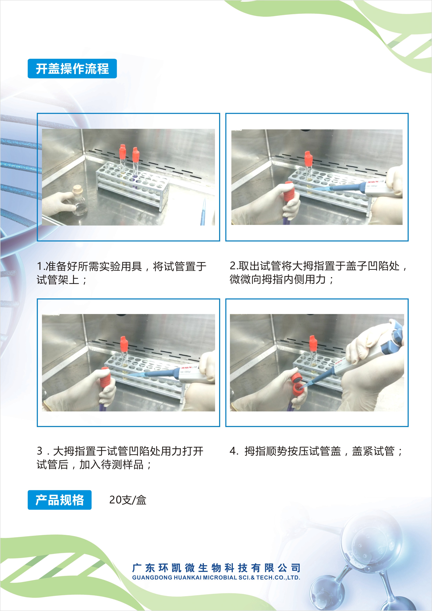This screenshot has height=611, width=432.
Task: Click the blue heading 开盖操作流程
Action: (72, 69)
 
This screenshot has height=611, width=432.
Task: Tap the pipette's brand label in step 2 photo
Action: (375, 182)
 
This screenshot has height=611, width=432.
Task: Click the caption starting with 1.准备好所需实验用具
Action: (121, 273)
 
